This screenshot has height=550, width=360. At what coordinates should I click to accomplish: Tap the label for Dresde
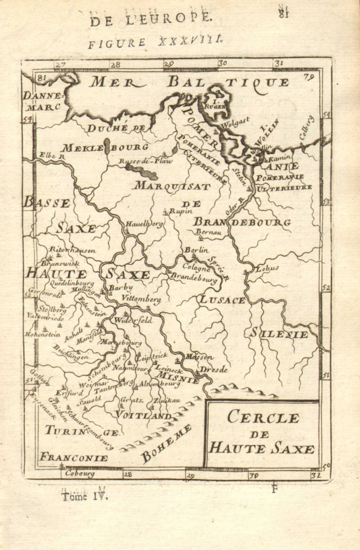[214, 370]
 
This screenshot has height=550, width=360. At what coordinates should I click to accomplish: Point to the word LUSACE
[222, 300]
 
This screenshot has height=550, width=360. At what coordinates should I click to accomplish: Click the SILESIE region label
[278, 334]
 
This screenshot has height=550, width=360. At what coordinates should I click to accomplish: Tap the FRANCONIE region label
[73, 458]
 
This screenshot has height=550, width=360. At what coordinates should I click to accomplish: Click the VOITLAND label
[144, 416]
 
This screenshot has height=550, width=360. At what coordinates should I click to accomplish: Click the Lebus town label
[268, 267]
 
